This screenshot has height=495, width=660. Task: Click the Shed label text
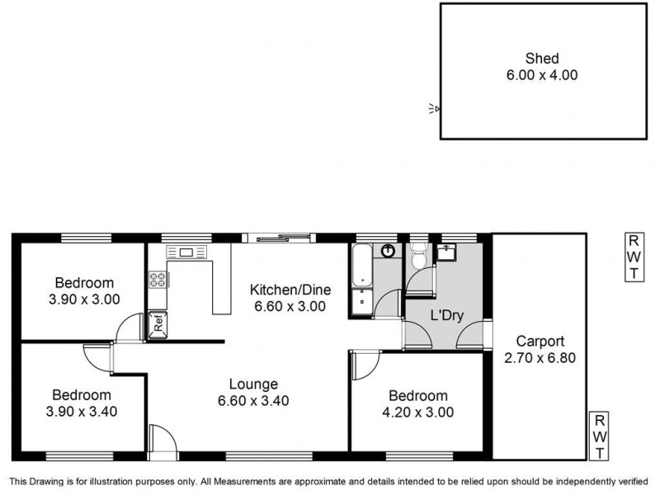tap(542, 59)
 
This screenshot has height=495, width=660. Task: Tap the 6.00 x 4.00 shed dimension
tap(542, 75)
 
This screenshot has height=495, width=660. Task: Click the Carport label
tap(540, 341)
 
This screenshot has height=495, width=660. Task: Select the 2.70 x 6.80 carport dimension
tap(540, 357)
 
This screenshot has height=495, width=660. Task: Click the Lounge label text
tap(254, 384)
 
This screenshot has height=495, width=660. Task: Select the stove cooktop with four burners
tap(158, 279)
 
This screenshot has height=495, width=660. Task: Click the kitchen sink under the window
tap(186, 252)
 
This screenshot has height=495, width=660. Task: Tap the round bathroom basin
tap(386, 252)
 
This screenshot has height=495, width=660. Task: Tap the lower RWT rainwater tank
tap(600, 435)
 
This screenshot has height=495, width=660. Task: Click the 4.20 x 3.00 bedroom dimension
tap(418, 412)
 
